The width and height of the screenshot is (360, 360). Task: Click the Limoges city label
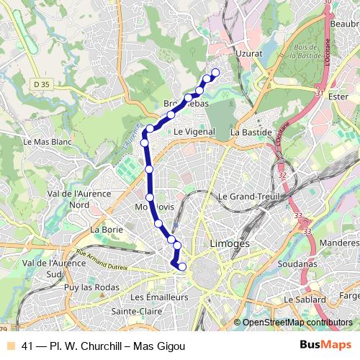coord(229,244)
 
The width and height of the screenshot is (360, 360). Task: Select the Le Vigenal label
coord(194,132)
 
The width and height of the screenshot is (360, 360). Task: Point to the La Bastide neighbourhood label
coord(251,132)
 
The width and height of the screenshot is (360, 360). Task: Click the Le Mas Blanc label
coord(48,142)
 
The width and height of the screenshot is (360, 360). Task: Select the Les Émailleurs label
coord(159,297)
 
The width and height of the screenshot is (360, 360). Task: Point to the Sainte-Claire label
coord(136,311)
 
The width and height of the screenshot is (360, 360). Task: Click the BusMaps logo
coord(325,346)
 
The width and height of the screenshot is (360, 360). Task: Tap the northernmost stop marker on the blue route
coord(215,71)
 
